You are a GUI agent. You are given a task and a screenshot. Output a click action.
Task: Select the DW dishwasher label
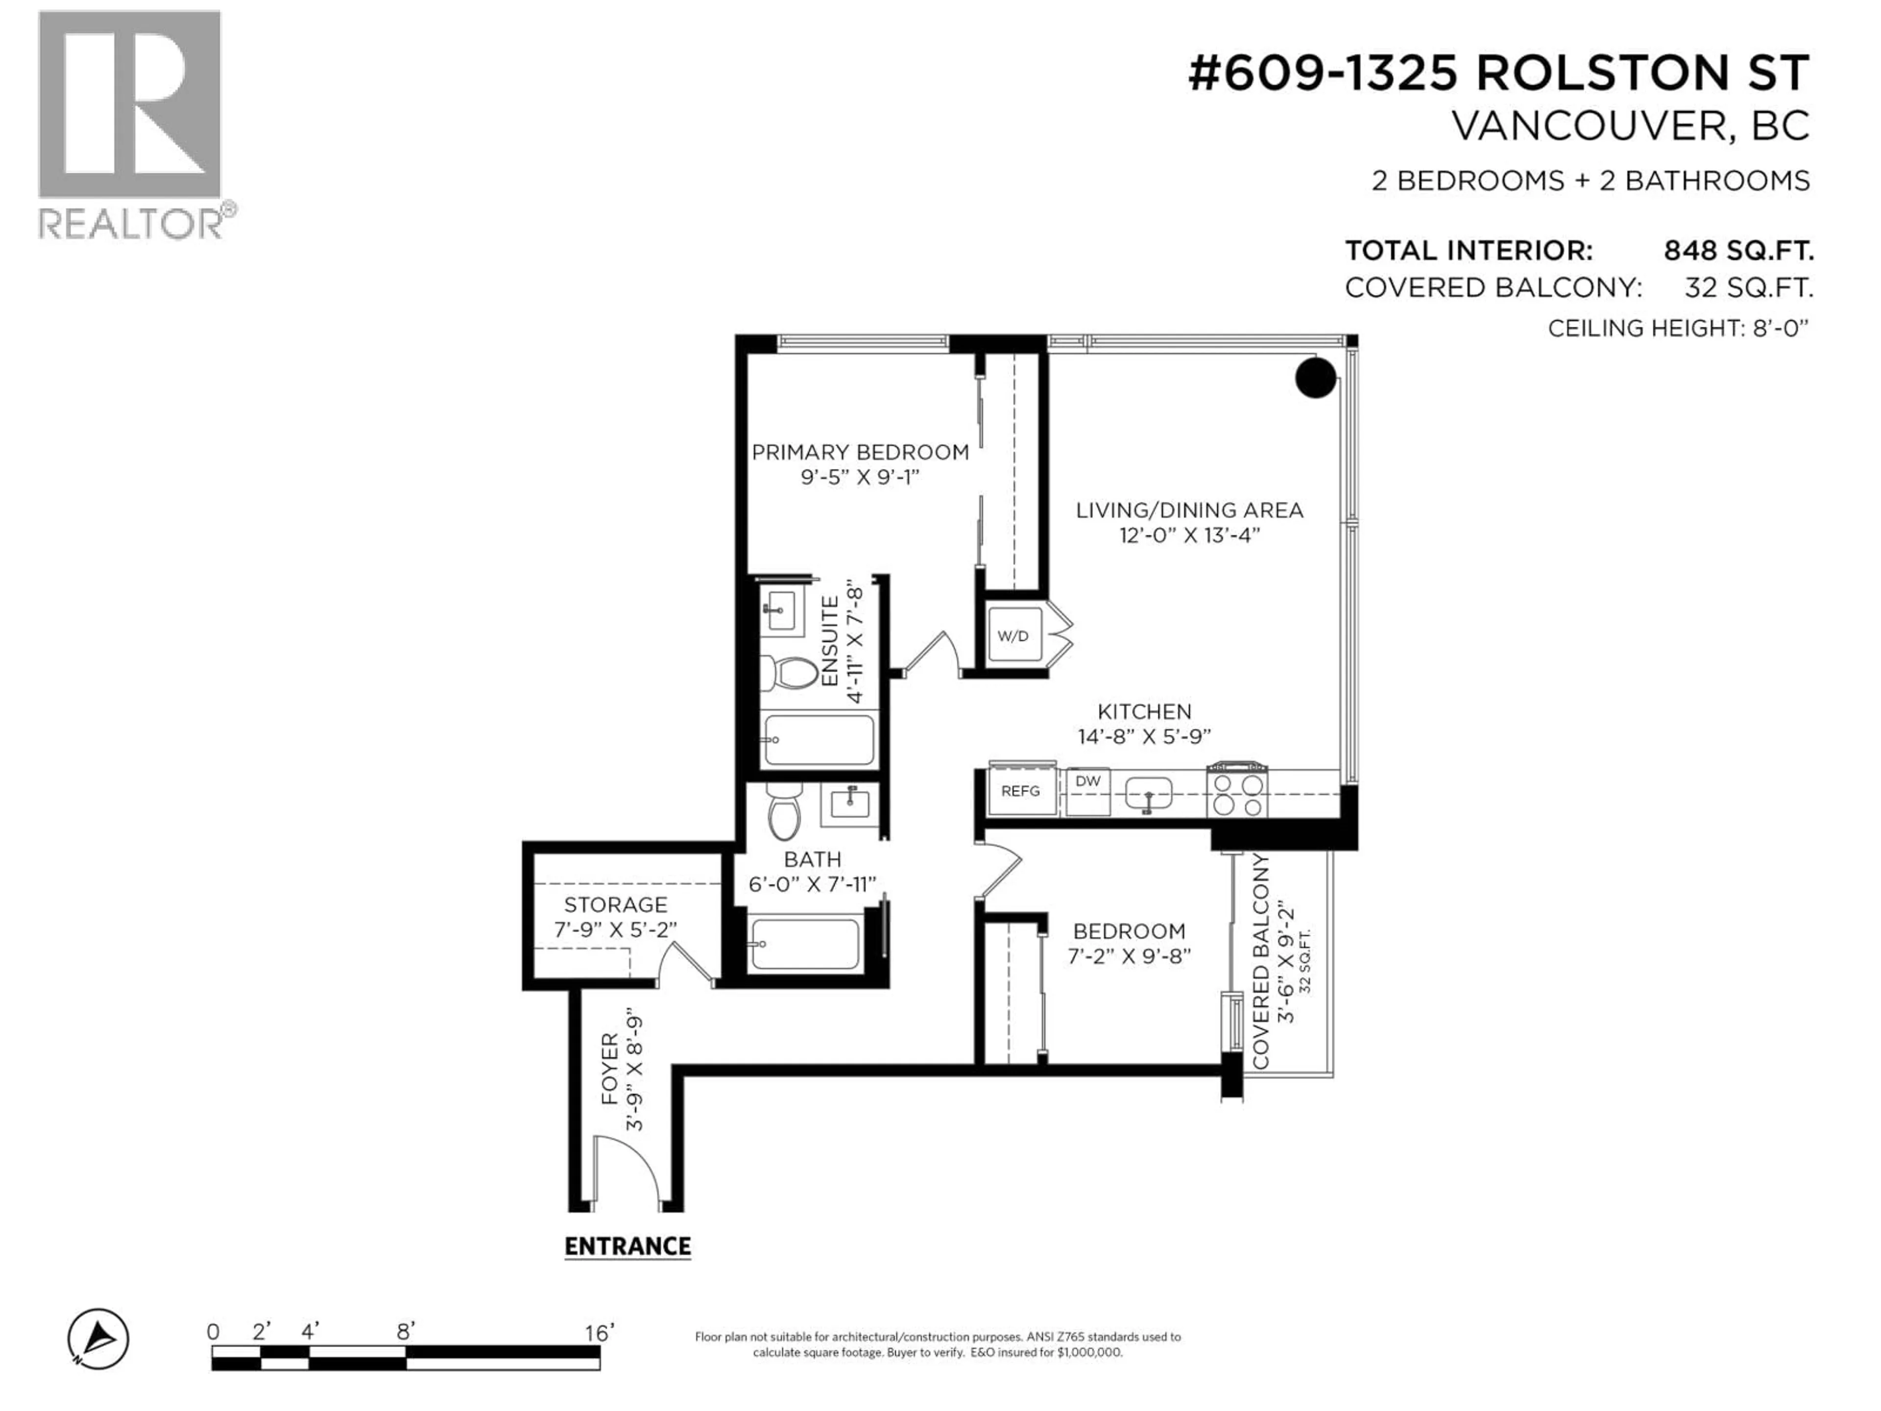pos(1087,781)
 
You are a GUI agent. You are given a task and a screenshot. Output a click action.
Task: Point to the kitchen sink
pos(1148,794)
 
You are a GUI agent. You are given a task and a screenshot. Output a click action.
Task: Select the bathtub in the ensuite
pos(819,740)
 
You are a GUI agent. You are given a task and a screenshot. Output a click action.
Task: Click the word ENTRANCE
pos(627,1247)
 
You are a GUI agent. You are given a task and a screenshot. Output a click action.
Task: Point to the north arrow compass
pos(98,1338)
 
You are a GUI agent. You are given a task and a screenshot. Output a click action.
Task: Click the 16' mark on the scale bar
pos(599,1333)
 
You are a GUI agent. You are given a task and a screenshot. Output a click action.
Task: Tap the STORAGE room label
pos(616,904)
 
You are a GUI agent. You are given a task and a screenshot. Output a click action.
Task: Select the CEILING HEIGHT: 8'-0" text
pos(1677,328)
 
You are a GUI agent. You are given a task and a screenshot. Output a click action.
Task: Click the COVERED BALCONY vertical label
pos(1261,961)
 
